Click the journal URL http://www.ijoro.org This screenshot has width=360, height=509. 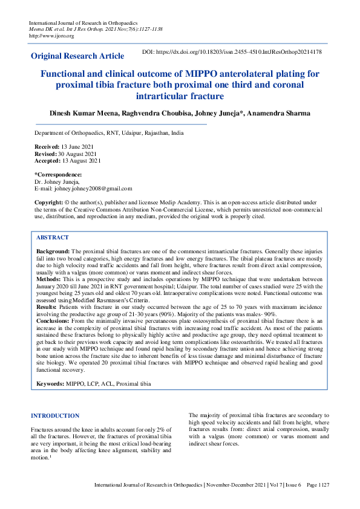click(51, 36)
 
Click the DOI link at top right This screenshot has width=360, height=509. click(231, 53)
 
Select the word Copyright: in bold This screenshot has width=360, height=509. click(49, 202)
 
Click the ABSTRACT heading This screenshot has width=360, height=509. click(53, 238)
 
